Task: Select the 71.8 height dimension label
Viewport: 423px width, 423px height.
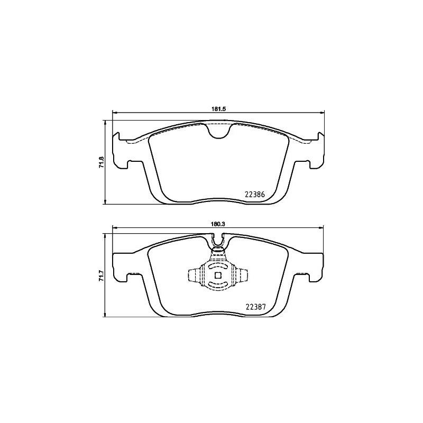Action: tap(101, 162)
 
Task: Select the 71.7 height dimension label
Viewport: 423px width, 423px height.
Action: tap(101, 276)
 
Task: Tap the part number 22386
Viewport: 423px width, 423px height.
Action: tap(255, 194)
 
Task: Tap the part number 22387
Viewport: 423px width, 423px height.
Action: tap(255, 307)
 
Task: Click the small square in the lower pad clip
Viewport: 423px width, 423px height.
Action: tap(218, 275)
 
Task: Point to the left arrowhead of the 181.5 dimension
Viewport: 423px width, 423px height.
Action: tap(114, 113)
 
